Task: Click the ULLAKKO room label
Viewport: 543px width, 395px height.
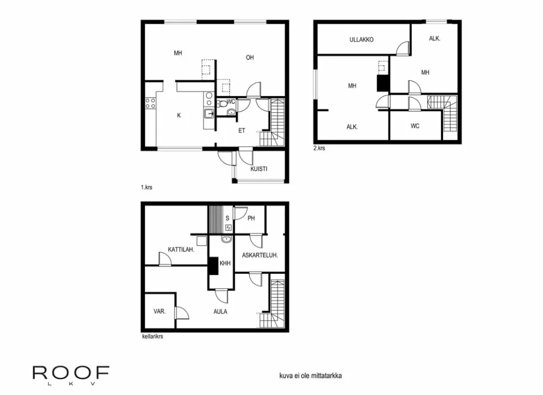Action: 362,40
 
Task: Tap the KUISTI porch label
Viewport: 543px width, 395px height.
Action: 259,169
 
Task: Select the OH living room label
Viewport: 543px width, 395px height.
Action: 250,57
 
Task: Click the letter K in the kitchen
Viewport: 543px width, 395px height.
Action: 179,116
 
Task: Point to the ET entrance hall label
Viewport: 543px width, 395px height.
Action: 241,131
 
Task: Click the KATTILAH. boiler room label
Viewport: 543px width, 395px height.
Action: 181,250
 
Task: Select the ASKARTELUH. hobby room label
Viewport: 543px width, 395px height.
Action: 260,255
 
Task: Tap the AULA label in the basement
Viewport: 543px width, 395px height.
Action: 220,311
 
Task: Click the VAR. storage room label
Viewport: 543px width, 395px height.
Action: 159,311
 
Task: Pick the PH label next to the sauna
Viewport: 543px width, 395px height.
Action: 251,218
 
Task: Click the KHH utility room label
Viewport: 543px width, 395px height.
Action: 225,263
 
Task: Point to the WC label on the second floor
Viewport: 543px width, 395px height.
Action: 415,126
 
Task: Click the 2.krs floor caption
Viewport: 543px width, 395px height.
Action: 319,149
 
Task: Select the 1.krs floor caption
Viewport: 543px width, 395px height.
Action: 146,187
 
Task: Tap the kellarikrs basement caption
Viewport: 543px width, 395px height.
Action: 152,338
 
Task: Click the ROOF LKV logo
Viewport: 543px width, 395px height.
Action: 71,374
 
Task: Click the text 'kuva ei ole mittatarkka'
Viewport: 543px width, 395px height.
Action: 310,376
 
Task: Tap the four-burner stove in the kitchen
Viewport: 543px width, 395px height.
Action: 150,103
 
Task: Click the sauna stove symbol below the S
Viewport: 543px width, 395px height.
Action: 228,227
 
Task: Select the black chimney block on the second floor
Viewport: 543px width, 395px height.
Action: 383,82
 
